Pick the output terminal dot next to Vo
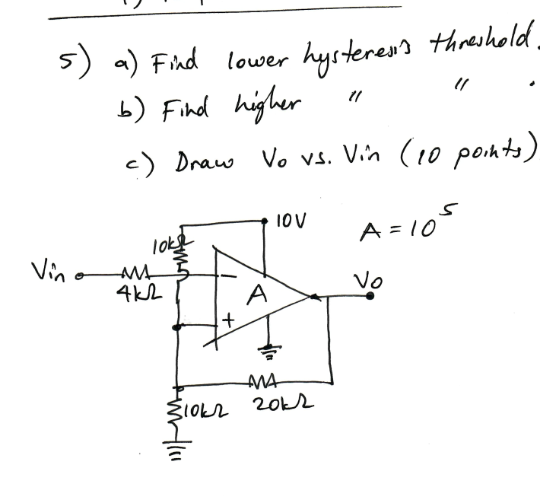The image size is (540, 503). point(370,298)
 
